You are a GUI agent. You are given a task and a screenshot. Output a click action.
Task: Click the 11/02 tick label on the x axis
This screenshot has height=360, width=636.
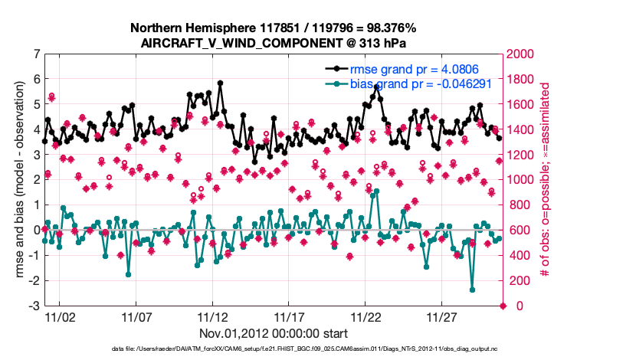pos(60,316)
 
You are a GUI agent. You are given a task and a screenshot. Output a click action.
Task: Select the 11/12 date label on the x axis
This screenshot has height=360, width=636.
pos(212,316)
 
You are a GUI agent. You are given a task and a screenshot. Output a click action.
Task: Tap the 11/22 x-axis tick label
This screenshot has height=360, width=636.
pos(366,316)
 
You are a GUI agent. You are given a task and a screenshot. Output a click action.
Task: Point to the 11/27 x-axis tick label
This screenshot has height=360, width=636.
pos(442,316)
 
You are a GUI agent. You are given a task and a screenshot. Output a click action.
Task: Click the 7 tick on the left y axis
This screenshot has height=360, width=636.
pos(36,54)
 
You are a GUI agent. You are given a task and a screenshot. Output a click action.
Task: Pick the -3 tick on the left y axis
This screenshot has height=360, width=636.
pos(34,306)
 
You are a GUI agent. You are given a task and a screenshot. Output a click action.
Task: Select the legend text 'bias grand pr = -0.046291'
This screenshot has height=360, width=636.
pos(422,83)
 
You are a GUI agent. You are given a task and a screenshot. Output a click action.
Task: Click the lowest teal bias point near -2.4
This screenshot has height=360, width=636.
pos(472,290)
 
